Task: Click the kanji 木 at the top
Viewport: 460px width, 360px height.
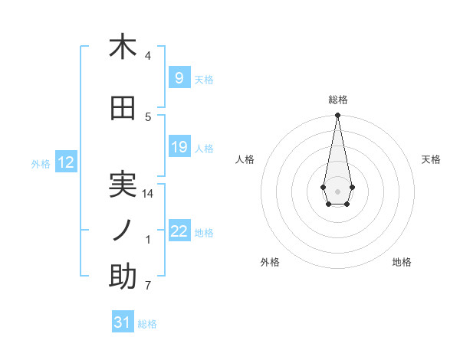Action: click(x=123, y=47)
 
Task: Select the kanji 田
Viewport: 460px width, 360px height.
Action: click(x=123, y=108)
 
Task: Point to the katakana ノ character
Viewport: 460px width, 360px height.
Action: click(x=123, y=231)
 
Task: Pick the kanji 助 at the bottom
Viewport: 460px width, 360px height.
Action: click(x=123, y=277)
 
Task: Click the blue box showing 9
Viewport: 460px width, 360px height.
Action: click(x=179, y=78)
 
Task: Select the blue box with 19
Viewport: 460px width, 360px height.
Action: click(x=179, y=147)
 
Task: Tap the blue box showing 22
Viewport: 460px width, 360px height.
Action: click(x=179, y=231)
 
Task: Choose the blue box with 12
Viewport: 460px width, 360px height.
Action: click(x=65, y=162)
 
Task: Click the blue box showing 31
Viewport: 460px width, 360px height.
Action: click(x=123, y=322)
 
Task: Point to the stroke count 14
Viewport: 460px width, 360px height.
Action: click(x=148, y=194)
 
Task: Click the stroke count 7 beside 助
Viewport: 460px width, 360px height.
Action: click(x=148, y=286)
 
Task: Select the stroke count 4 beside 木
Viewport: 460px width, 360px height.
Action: click(x=148, y=56)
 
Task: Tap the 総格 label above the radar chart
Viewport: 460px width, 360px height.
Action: click(x=337, y=100)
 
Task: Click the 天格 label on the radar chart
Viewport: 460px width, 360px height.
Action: click(x=431, y=159)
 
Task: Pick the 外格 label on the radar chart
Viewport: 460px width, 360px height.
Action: click(x=270, y=262)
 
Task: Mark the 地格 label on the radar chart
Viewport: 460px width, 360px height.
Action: click(x=402, y=262)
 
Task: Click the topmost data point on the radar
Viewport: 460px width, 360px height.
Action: click(x=337, y=116)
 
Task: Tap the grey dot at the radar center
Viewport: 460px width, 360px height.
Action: click(x=337, y=190)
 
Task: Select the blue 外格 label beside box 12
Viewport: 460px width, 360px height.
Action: click(x=40, y=163)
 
